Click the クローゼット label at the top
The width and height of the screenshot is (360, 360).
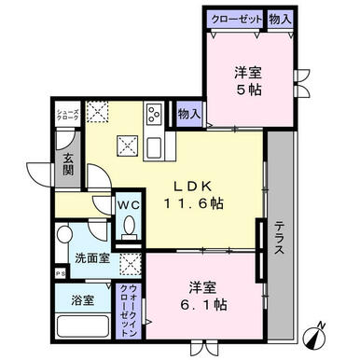237,17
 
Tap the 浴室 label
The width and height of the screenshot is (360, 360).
81,300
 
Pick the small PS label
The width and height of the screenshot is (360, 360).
58,273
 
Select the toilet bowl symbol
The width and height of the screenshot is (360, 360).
129,227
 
